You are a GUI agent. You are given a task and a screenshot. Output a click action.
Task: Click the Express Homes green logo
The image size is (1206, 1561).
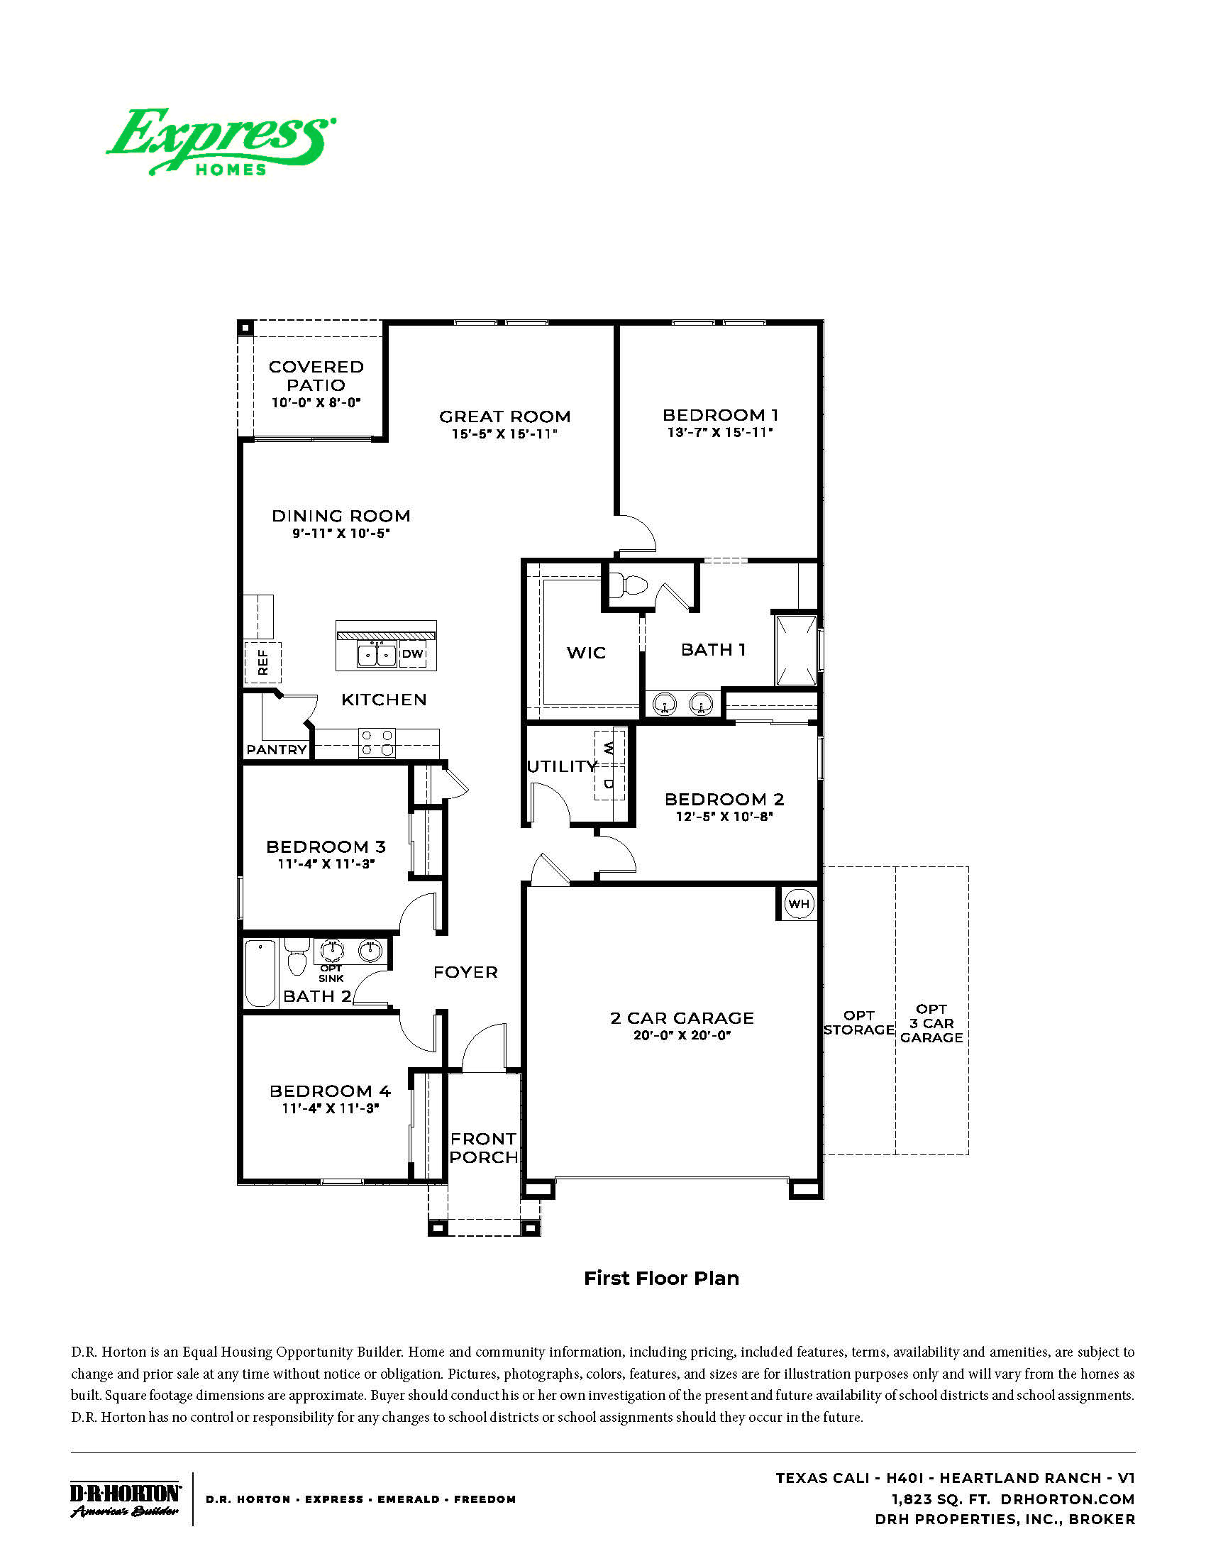(x=221, y=142)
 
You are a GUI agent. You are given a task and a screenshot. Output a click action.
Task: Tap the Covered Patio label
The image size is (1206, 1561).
(x=316, y=376)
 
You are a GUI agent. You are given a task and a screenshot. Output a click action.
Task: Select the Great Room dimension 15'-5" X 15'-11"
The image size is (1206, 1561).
(x=504, y=434)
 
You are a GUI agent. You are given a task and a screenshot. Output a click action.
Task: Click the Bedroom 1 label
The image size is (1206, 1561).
(x=720, y=415)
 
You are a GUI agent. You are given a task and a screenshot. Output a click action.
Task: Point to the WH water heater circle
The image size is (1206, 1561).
(x=798, y=903)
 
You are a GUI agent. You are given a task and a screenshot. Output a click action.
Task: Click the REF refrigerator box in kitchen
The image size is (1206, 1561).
(x=263, y=662)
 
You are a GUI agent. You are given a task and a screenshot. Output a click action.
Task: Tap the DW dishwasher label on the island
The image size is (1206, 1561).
(x=412, y=653)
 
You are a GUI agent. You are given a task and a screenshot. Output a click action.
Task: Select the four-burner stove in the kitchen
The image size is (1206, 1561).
(x=377, y=742)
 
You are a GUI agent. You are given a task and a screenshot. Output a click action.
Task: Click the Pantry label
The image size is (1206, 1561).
(x=277, y=749)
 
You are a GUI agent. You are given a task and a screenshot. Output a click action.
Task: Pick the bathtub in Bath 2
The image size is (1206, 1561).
(x=260, y=973)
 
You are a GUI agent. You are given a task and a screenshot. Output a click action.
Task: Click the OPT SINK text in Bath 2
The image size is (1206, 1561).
(x=331, y=973)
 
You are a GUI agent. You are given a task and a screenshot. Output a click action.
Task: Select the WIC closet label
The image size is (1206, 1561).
(x=586, y=652)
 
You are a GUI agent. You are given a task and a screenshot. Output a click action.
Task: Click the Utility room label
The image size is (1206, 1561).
(x=562, y=766)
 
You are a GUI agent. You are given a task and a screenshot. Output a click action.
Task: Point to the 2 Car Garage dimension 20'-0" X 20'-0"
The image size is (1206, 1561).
(x=682, y=1035)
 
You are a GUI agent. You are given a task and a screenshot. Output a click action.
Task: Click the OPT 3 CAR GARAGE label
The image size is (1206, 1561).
(x=931, y=1022)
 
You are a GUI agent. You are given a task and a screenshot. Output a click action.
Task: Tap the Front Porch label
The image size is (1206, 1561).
(x=484, y=1148)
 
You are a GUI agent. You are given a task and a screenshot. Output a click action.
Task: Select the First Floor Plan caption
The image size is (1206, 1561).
(x=661, y=1279)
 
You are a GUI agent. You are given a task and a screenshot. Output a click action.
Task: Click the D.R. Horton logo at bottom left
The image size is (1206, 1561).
(x=125, y=1499)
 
